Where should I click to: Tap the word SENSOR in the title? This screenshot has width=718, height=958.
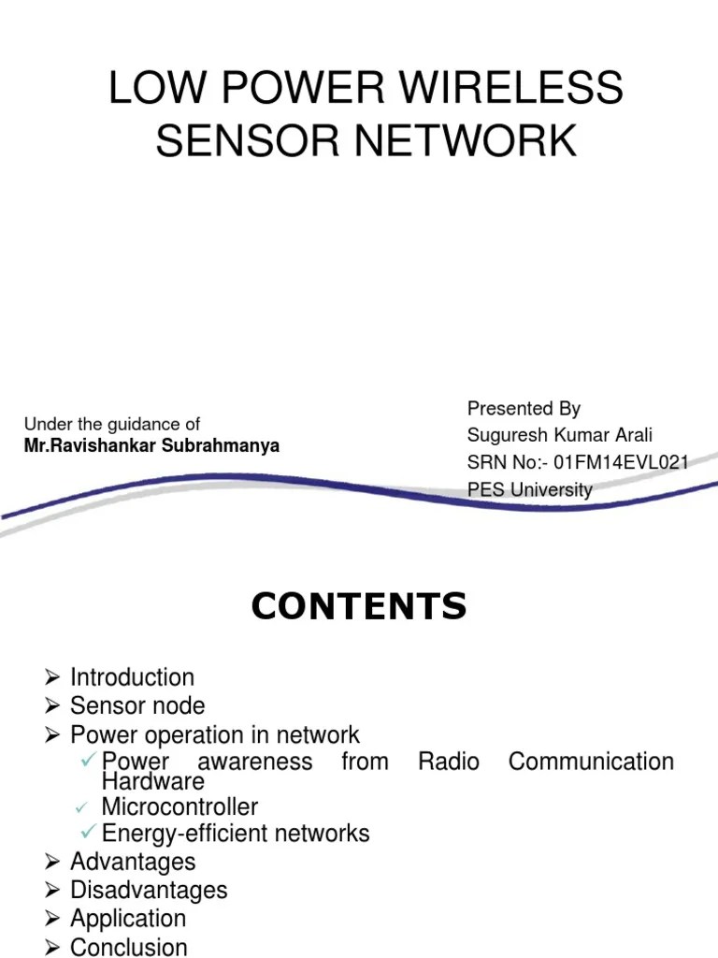237,141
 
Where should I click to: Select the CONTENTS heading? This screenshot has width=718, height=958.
359,607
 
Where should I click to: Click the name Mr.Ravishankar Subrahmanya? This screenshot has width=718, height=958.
151,445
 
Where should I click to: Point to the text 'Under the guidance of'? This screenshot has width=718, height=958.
112,424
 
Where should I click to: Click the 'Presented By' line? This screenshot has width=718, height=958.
524,408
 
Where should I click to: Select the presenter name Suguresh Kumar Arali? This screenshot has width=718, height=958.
560,435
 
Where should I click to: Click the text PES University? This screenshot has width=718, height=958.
529,489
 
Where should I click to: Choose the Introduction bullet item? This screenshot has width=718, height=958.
132,677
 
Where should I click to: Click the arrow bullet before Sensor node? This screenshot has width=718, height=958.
52,705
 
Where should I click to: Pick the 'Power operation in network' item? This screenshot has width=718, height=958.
214,734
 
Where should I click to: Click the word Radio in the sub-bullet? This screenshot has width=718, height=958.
449,762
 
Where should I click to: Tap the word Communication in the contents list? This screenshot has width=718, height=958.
591,762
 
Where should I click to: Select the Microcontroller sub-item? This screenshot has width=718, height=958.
179,806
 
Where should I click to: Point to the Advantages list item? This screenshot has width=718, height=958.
133,862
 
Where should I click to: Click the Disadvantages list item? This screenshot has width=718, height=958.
149,890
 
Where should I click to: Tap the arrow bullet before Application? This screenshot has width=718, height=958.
52,919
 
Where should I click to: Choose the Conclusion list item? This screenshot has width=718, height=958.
129,947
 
